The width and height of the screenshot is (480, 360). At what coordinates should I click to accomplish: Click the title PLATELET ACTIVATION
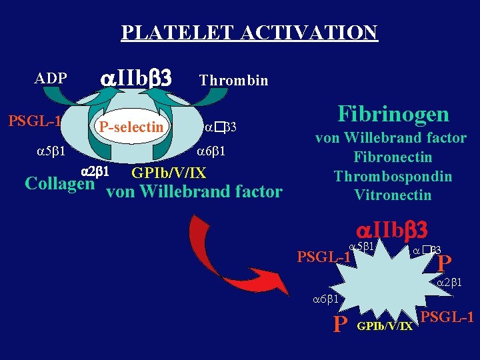[249, 32]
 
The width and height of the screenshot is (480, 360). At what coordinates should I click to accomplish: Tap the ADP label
[51, 79]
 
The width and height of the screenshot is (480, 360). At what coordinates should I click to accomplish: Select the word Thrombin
[233, 81]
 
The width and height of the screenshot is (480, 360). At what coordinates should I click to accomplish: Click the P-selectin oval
[131, 126]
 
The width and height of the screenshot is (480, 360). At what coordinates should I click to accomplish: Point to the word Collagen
[59, 183]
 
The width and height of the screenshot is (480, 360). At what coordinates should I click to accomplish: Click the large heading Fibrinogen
[393, 114]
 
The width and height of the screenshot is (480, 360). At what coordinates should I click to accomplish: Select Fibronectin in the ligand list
[393, 157]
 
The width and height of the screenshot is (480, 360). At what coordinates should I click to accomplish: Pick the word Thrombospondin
[393, 177]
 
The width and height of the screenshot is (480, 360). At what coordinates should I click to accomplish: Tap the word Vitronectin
[393, 195]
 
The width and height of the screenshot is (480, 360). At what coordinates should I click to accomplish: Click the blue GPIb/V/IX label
[169, 173]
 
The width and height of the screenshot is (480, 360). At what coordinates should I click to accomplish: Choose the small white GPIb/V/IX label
[386, 327]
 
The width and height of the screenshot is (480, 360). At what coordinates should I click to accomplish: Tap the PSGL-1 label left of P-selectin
[35, 121]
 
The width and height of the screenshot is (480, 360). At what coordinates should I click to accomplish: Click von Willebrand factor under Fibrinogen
[391, 139]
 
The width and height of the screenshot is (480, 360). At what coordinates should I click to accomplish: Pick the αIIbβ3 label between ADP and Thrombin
[135, 79]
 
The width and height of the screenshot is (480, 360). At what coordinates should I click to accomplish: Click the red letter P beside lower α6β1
[340, 324]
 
